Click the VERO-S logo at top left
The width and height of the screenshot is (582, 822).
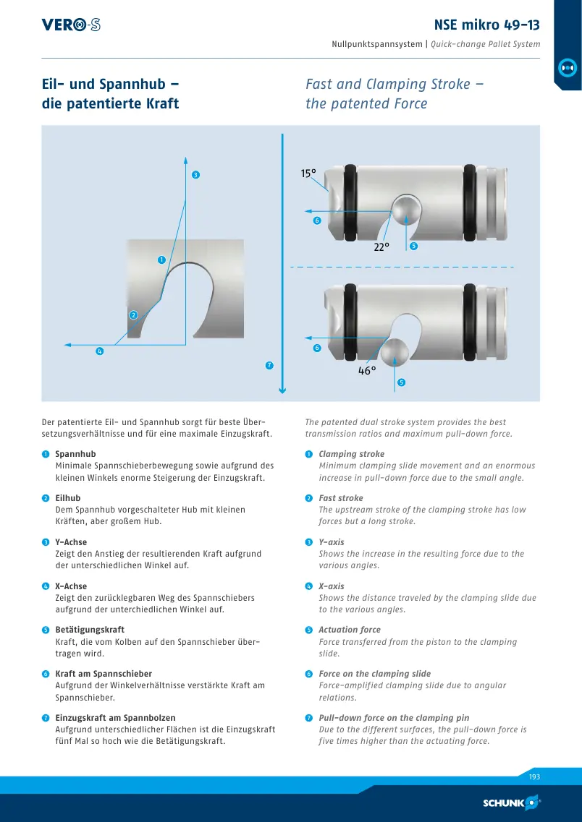[71, 25]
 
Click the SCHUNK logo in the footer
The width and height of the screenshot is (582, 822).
[511, 802]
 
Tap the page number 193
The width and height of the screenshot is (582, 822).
[534, 777]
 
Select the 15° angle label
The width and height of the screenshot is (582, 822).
[308, 174]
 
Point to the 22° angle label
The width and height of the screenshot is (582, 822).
[381, 247]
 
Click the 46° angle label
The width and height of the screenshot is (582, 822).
[367, 371]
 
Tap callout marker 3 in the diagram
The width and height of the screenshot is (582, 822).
[195, 175]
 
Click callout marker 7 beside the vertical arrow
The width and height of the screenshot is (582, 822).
[270, 365]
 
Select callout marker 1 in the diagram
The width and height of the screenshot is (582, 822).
[161, 260]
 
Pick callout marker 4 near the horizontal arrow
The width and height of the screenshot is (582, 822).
[100, 351]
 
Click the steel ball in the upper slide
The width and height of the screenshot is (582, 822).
[408, 210]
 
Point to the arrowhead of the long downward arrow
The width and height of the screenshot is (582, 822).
[282, 390]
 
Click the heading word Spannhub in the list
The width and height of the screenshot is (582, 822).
[75, 454]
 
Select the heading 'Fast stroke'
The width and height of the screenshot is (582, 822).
[341, 498]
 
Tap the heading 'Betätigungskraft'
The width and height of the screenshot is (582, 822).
[90, 630]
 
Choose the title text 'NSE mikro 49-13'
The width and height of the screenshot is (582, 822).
[487, 25]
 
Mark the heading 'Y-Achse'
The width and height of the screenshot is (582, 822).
[71, 542]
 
